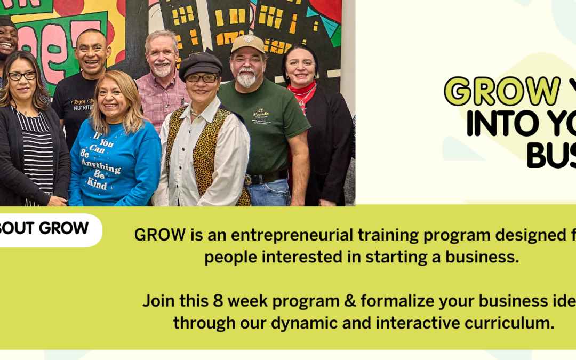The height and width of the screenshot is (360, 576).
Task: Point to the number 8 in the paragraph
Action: click(223, 301)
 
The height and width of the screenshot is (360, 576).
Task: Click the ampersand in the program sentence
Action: click(349, 301)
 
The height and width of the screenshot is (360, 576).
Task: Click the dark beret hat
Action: click(200, 64)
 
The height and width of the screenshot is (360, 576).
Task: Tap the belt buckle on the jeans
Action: click(249, 179)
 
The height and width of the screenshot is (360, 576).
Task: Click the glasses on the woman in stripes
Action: click(22, 76)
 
